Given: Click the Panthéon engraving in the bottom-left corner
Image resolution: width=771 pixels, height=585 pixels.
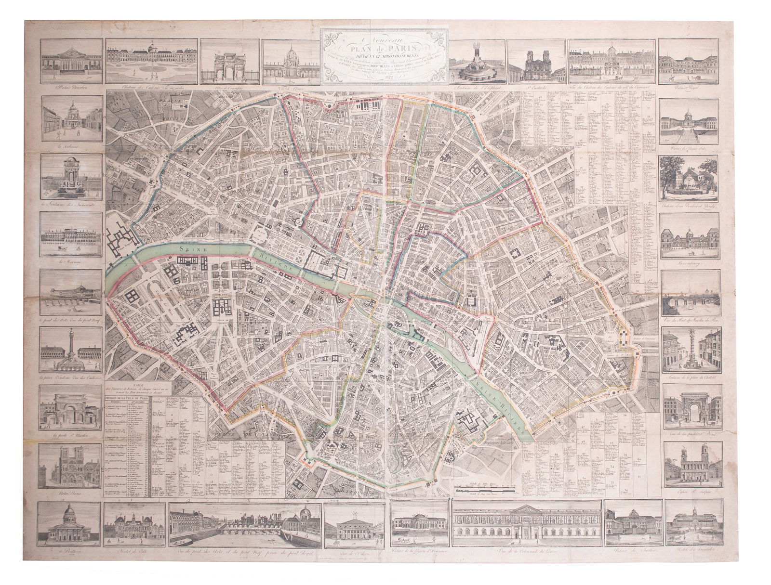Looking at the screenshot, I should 67,524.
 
